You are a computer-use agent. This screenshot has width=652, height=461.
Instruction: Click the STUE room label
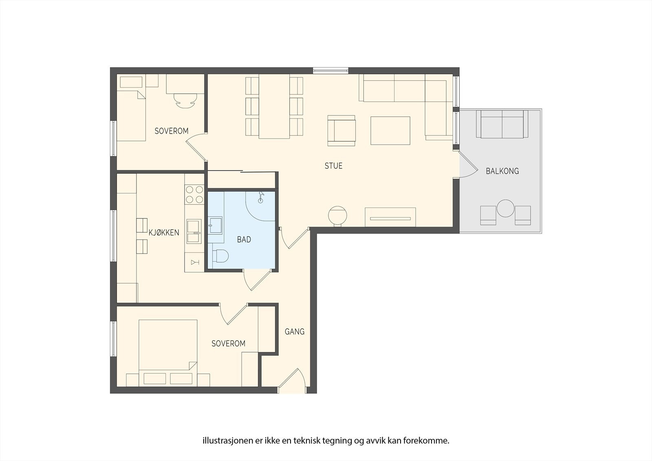333,166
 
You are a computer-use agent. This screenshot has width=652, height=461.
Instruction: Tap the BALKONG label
502,171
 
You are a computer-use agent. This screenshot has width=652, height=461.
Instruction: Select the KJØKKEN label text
164,232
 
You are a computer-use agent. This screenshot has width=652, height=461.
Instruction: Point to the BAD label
244,239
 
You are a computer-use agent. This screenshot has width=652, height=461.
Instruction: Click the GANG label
295,331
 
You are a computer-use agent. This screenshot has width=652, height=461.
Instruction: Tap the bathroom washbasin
215,225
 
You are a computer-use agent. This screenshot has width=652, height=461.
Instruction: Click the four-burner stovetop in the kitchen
194,194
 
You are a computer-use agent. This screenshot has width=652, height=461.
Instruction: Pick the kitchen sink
194,231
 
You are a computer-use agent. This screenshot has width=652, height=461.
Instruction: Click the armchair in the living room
341,130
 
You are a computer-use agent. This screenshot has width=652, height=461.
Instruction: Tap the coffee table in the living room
390,130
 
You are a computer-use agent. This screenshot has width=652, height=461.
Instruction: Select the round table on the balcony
506,208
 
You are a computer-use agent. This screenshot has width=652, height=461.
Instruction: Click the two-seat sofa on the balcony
502,124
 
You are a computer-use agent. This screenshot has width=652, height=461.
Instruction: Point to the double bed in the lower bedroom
168,353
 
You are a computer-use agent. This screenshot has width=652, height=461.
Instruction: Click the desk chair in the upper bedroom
185,100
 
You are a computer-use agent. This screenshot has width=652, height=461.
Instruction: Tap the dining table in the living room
274,106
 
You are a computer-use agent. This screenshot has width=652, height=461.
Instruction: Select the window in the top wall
330,70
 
